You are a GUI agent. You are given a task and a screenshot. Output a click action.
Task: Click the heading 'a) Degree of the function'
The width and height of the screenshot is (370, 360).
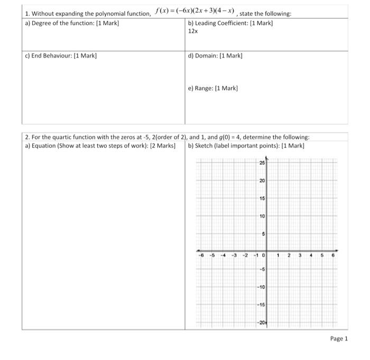point(72,24)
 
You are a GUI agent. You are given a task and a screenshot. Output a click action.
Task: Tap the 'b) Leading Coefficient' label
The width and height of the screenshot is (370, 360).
point(229,24)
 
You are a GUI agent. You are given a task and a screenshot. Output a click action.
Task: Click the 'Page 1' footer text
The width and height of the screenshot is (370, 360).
point(339,338)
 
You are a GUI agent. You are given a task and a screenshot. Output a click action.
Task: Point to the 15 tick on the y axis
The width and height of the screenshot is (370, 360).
point(262,198)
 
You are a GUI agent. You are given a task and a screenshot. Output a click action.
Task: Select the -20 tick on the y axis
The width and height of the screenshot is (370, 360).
point(261,322)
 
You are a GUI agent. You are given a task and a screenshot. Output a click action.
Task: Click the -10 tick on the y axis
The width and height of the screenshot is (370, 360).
point(261,287)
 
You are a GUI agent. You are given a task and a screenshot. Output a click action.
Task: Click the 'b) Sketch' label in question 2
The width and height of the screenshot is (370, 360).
point(203,145)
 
